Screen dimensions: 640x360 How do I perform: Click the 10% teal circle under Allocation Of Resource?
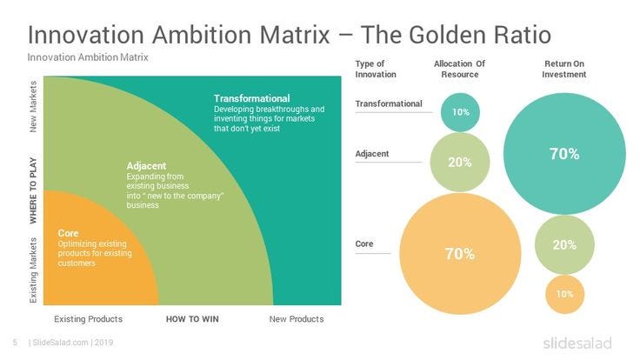[460, 112]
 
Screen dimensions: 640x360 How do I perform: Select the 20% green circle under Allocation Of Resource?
[460, 162]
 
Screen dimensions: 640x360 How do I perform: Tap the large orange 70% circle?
[460, 253]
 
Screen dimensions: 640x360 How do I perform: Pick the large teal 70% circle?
[564, 153]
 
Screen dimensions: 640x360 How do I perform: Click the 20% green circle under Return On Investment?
[564, 245]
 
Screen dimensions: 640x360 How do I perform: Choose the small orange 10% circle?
[565, 294]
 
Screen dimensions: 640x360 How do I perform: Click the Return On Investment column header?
[564, 69]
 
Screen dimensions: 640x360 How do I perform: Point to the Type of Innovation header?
[376, 69]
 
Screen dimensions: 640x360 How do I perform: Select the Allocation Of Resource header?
[460, 69]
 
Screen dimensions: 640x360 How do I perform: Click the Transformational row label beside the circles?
[389, 103]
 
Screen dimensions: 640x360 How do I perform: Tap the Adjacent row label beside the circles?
[372, 154]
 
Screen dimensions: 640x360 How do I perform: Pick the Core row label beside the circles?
[364, 243]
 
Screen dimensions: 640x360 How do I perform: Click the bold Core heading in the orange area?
[68, 233]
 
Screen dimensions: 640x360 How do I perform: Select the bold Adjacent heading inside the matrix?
[146, 166]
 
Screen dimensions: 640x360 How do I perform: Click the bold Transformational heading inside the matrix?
[252, 98]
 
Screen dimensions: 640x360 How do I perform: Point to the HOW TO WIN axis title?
[192, 319]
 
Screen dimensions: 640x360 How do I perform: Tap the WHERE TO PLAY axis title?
[33, 190]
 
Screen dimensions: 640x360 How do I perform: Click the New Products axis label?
[297, 319]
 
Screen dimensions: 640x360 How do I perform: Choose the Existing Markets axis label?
[33, 270]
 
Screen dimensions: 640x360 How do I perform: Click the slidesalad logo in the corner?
[577, 343]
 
